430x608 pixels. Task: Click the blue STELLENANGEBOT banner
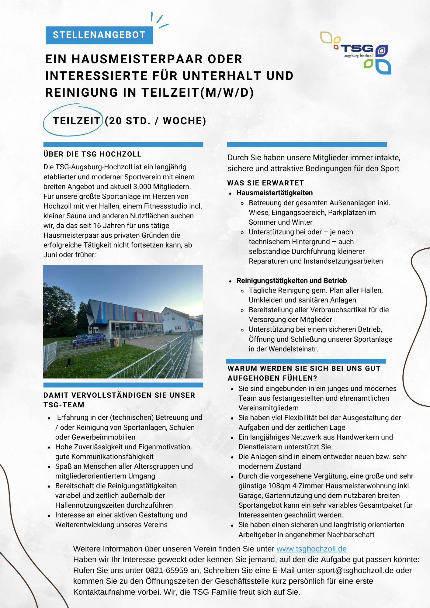click(99, 35)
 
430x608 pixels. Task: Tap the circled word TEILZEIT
click(77, 121)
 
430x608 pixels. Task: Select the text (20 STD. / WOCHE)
click(155, 121)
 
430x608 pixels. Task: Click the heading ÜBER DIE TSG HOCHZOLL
click(92, 154)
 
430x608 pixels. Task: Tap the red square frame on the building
click(139, 316)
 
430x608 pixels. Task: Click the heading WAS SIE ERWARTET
click(265, 183)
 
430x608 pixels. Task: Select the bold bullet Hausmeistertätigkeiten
click(275, 193)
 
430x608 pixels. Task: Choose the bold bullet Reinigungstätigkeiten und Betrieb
click(292, 281)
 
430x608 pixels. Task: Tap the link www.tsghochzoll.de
click(311, 549)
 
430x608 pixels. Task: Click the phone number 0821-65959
click(167, 570)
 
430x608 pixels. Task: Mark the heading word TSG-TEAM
click(64, 405)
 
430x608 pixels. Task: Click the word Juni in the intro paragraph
click(50, 255)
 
